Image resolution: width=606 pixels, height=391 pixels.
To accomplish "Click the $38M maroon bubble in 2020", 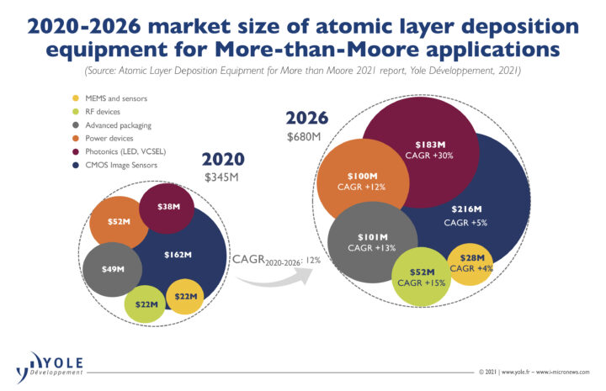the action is [x=167, y=209].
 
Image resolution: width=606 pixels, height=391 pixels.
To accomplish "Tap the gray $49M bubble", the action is [x=112, y=269].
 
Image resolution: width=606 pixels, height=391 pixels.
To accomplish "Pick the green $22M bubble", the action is [x=145, y=304].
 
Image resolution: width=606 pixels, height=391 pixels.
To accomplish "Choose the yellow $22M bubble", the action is [x=185, y=297].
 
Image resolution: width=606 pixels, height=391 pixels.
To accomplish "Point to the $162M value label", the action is [x=178, y=255].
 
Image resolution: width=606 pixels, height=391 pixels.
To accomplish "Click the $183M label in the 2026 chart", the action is [x=430, y=145].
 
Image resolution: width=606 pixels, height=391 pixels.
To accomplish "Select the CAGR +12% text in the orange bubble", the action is [x=361, y=188].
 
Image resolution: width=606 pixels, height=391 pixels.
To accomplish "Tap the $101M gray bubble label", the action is [x=373, y=237].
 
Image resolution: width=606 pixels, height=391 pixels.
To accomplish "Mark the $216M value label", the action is [x=467, y=209].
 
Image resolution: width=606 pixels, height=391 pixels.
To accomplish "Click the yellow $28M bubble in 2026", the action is [x=470, y=264].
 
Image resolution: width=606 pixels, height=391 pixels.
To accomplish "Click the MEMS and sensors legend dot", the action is [x=76, y=98].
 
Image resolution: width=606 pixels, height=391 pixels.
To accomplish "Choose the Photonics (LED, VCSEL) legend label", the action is [x=125, y=151].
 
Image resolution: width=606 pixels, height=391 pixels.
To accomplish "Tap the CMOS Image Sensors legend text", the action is [x=121, y=165].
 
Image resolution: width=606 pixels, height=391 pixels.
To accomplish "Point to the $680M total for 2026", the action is [x=304, y=136].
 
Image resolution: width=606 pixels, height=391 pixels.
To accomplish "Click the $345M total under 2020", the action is [x=221, y=177].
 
